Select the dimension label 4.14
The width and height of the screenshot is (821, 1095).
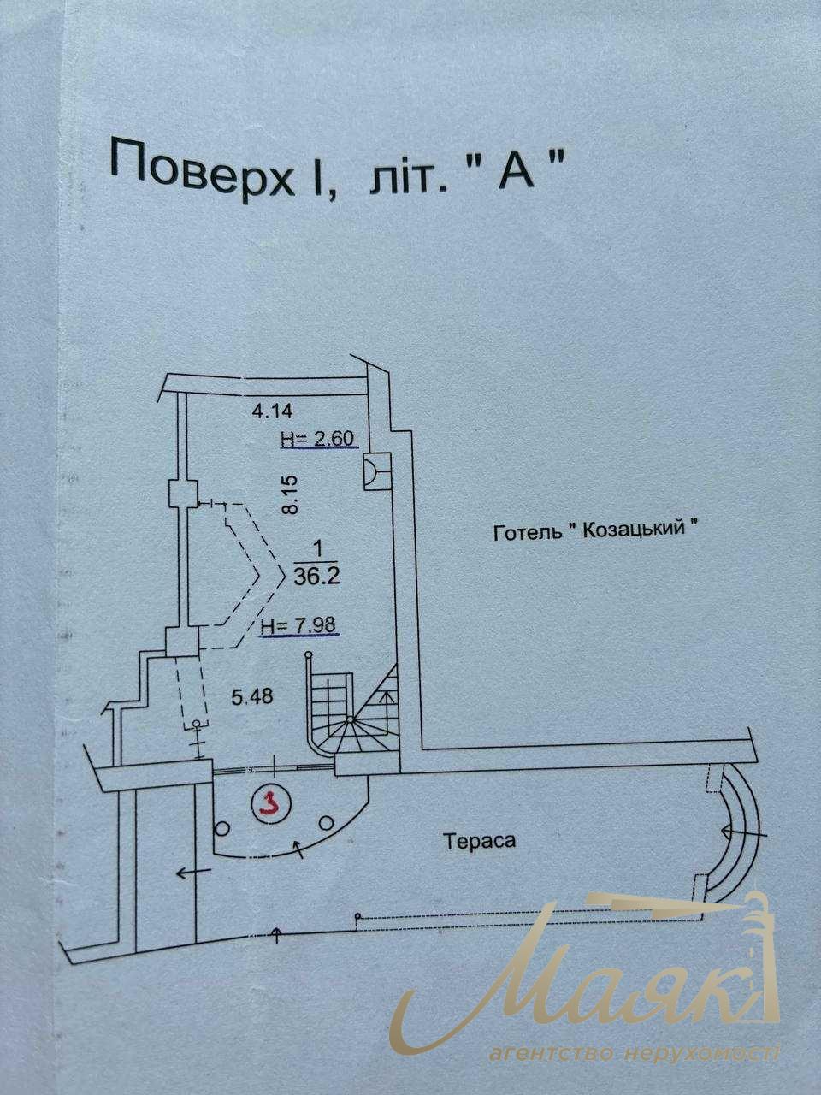pos(272,411)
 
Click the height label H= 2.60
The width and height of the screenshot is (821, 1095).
pos(319,439)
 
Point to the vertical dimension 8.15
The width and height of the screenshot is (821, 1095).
pos(291,494)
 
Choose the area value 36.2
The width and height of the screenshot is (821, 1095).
pos(317,577)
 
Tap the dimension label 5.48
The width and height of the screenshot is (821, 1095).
pos(252,696)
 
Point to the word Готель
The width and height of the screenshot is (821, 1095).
pos(528,533)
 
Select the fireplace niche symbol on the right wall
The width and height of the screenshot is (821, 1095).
pos(375,471)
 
